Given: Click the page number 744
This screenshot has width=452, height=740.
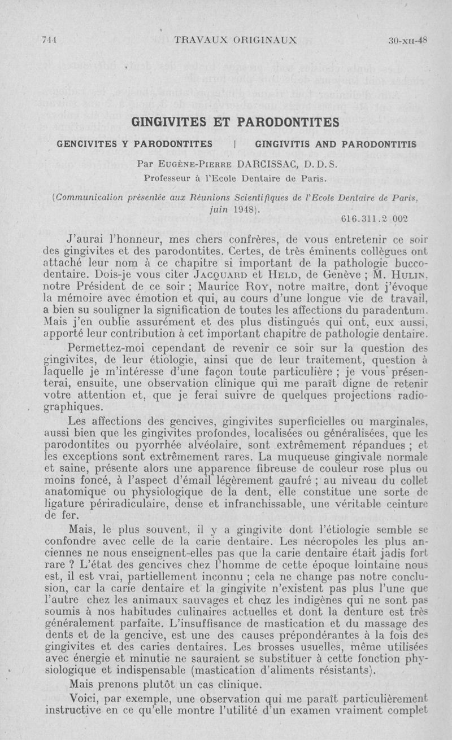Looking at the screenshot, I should (50, 40).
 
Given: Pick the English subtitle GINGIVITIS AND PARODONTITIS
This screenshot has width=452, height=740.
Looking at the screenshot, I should (336, 144).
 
